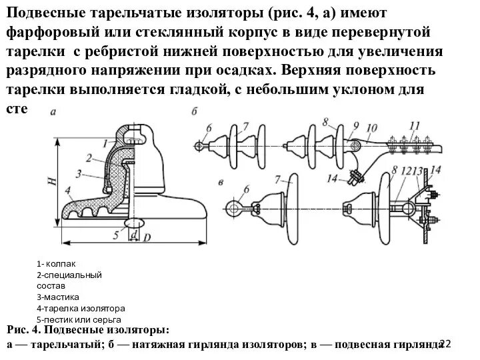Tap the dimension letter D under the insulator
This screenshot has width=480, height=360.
click(x=147, y=237)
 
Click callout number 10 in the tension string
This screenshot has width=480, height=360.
click(x=371, y=127)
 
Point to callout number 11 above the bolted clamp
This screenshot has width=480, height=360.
click(x=414, y=125)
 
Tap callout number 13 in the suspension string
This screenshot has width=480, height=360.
click(x=418, y=171)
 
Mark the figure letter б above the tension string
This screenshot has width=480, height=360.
click(x=194, y=111)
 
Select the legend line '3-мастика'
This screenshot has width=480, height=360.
click(x=58, y=297)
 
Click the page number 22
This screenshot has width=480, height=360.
click(x=445, y=343)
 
